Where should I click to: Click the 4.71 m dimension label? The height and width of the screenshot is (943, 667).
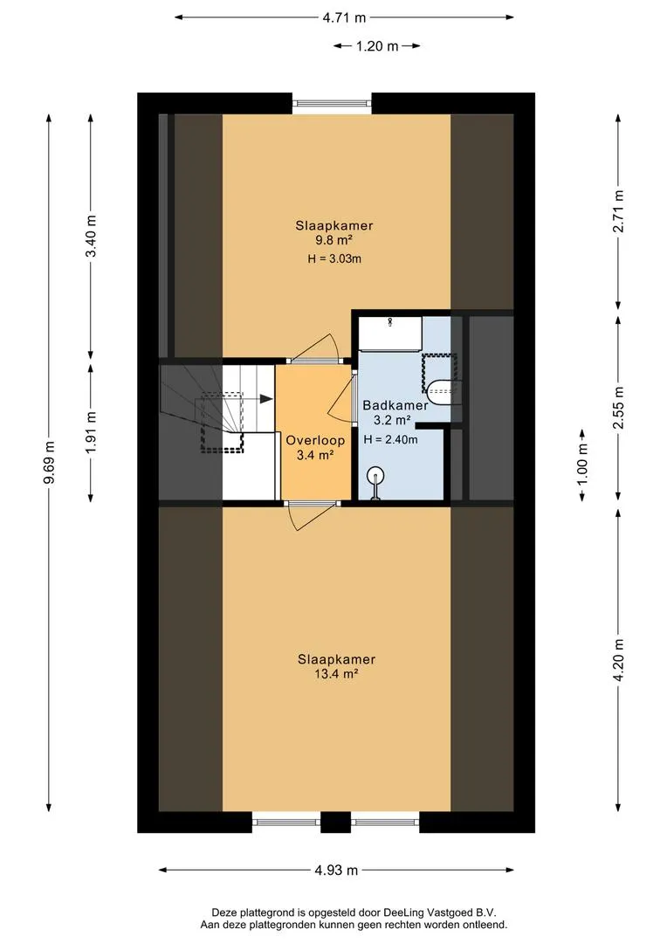pyautogui.click(x=344, y=17)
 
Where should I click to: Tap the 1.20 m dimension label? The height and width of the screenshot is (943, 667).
pyautogui.click(x=377, y=46)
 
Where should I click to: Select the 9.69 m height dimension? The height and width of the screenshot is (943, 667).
pyautogui.click(x=49, y=462)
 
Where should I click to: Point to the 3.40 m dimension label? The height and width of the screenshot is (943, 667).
pyautogui.click(x=91, y=235)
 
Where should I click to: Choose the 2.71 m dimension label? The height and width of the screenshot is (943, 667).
pyautogui.click(x=619, y=211)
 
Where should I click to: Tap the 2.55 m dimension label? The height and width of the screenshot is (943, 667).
pyautogui.click(x=619, y=408)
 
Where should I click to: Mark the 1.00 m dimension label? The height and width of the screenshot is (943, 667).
pyautogui.click(x=582, y=465)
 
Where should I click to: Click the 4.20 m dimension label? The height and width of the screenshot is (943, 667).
pyautogui.click(x=619, y=660)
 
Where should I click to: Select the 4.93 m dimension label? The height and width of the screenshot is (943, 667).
pyautogui.click(x=336, y=871)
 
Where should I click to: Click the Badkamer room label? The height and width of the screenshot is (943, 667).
pyautogui.click(x=395, y=405)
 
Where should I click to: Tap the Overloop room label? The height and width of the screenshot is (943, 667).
pyautogui.click(x=315, y=440)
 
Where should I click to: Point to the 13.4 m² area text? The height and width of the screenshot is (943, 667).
pyautogui.click(x=336, y=674)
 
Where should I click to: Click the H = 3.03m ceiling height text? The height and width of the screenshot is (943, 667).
pyautogui.click(x=334, y=259)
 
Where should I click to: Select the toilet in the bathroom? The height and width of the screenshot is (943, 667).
pyautogui.click(x=444, y=392)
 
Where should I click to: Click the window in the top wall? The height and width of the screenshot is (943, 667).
pyautogui.click(x=332, y=103)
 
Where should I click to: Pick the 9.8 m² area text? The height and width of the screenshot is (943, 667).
pyautogui.click(x=333, y=241)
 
